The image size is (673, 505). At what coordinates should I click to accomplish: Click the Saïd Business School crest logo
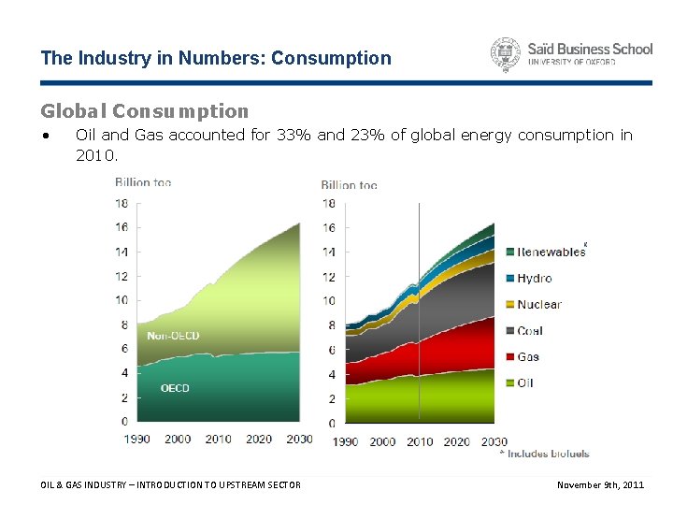(506, 55)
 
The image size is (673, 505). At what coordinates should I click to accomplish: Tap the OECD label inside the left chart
(175, 388)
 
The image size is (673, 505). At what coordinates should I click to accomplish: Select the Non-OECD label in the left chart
(173, 335)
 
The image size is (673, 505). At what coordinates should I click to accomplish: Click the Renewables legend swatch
(509, 252)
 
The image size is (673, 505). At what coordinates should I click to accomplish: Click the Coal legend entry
(530, 330)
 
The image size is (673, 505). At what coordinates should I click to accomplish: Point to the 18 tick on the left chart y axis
(122, 203)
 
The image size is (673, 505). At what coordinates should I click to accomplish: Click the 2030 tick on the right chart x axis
(494, 441)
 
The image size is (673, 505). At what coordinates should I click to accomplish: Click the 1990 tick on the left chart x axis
(137, 439)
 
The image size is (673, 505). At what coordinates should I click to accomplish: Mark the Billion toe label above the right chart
(349, 185)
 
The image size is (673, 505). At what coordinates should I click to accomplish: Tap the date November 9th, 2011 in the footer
(600, 484)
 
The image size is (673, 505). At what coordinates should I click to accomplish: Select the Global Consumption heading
(145, 111)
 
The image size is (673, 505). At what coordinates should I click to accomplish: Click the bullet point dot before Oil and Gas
(46, 136)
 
